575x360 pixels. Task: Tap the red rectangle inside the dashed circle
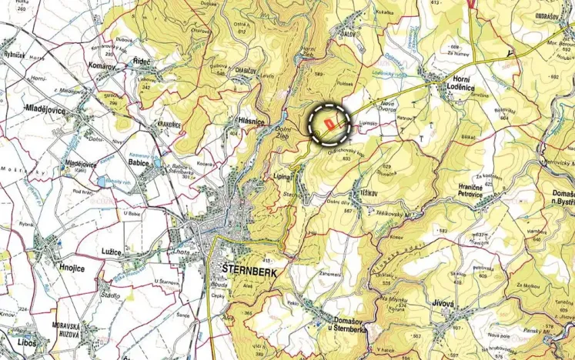click(x=330, y=122)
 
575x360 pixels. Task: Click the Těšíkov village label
click(x=363, y=193)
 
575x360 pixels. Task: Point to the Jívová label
click(x=443, y=304)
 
